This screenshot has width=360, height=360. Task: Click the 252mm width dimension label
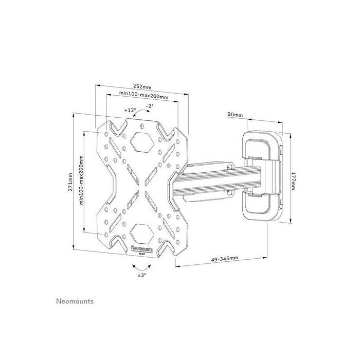point(142,87)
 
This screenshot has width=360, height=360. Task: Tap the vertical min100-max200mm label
point(82,182)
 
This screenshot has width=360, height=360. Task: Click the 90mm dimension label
point(236,115)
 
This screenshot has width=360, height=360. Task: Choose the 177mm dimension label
point(293,181)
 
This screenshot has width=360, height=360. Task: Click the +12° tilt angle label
point(130,110)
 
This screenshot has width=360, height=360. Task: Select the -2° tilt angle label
point(150,106)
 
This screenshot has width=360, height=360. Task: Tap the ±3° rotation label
point(141,275)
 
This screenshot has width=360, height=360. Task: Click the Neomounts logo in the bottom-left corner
point(75,301)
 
